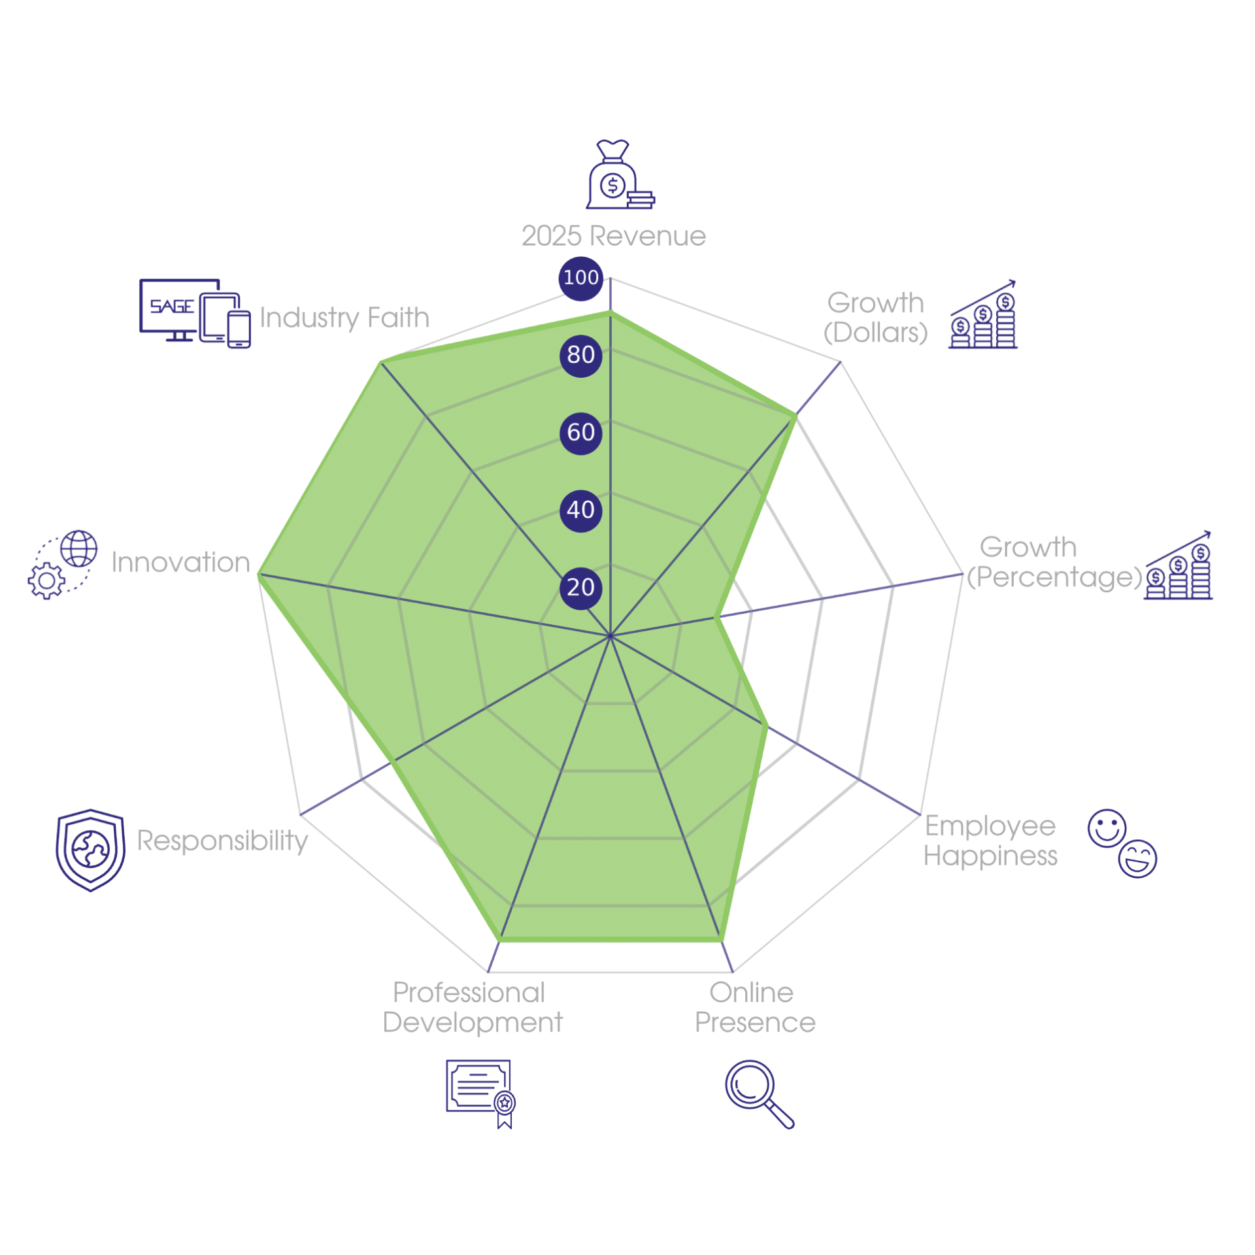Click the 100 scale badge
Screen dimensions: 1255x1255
click(x=580, y=278)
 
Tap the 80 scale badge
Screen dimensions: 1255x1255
click(x=580, y=355)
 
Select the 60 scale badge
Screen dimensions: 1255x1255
click(x=580, y=433)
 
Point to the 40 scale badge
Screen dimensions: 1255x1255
click(x=580, y=510)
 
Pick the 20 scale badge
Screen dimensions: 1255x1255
click(x=580, y=587)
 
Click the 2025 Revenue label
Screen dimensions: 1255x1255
click(x=613, y=236)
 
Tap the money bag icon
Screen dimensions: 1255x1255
click(x=620, y=175)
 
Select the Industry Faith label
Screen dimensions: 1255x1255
click(x=344, y=318)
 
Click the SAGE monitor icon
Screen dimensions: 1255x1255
click(x=195, y=313)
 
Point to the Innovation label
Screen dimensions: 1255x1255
click(x=180, y=562)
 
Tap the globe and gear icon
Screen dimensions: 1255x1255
click(x=63, y=564)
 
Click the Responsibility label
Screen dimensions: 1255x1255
click(x=222, y=841)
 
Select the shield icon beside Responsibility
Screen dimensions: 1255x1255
click(x=90, y=850)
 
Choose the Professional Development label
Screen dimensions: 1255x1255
click(x=472, y=1007)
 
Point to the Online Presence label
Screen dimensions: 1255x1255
click(x=755, y=1007)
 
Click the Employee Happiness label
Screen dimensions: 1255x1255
click(x=990, y=841)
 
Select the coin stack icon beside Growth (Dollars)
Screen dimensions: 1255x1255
click(x=982, y=314)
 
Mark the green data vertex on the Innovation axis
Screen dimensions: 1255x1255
click(x=259, y=575)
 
